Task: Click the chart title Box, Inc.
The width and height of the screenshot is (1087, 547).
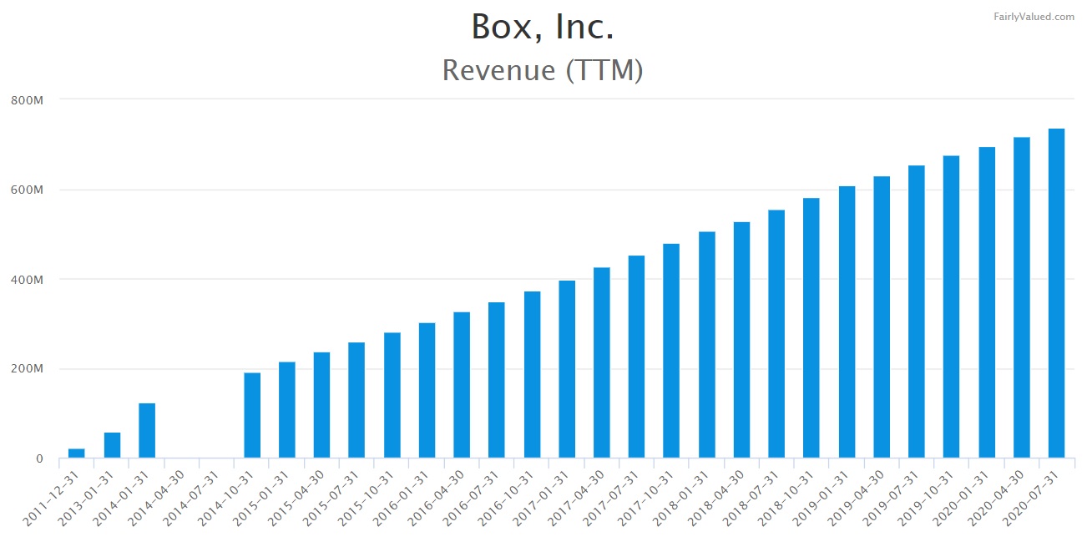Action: [543, 27]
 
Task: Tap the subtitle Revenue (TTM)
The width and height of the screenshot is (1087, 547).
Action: [543, 70]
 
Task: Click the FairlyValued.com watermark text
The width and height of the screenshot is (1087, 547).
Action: [1034, 16]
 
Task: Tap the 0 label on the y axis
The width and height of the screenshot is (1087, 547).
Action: [38, 458]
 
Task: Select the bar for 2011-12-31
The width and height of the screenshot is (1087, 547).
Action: [77, 453]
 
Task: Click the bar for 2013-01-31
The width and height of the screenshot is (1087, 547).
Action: [112, 445]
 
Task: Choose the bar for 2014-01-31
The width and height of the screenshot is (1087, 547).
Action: [147, 431]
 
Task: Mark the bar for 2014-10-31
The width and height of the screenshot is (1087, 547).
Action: [252, 416]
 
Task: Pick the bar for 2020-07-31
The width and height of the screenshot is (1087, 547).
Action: [1056, 293]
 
